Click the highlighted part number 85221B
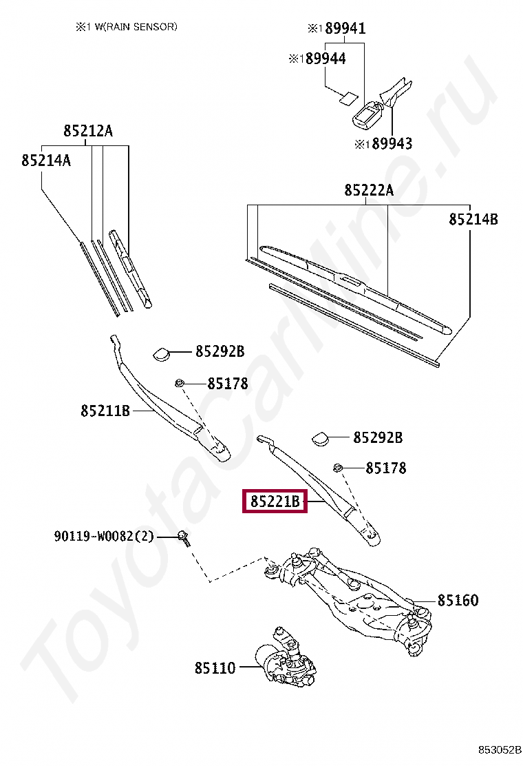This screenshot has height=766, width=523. pos(275,502)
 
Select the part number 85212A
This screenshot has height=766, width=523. pos(87,131)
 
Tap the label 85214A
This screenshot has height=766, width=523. pos(46,160)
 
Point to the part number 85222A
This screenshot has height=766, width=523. pos(369,191)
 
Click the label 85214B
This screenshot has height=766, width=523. pos(473,220)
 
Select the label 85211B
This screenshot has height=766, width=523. pos(105,411)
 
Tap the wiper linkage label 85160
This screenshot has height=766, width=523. pos(458,600)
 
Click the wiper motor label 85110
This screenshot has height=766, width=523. pos(215,667)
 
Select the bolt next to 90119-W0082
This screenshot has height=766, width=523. pos(183,537)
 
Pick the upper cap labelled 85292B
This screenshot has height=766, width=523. pos(162,353)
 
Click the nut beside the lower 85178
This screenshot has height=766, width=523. pos(338,468)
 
